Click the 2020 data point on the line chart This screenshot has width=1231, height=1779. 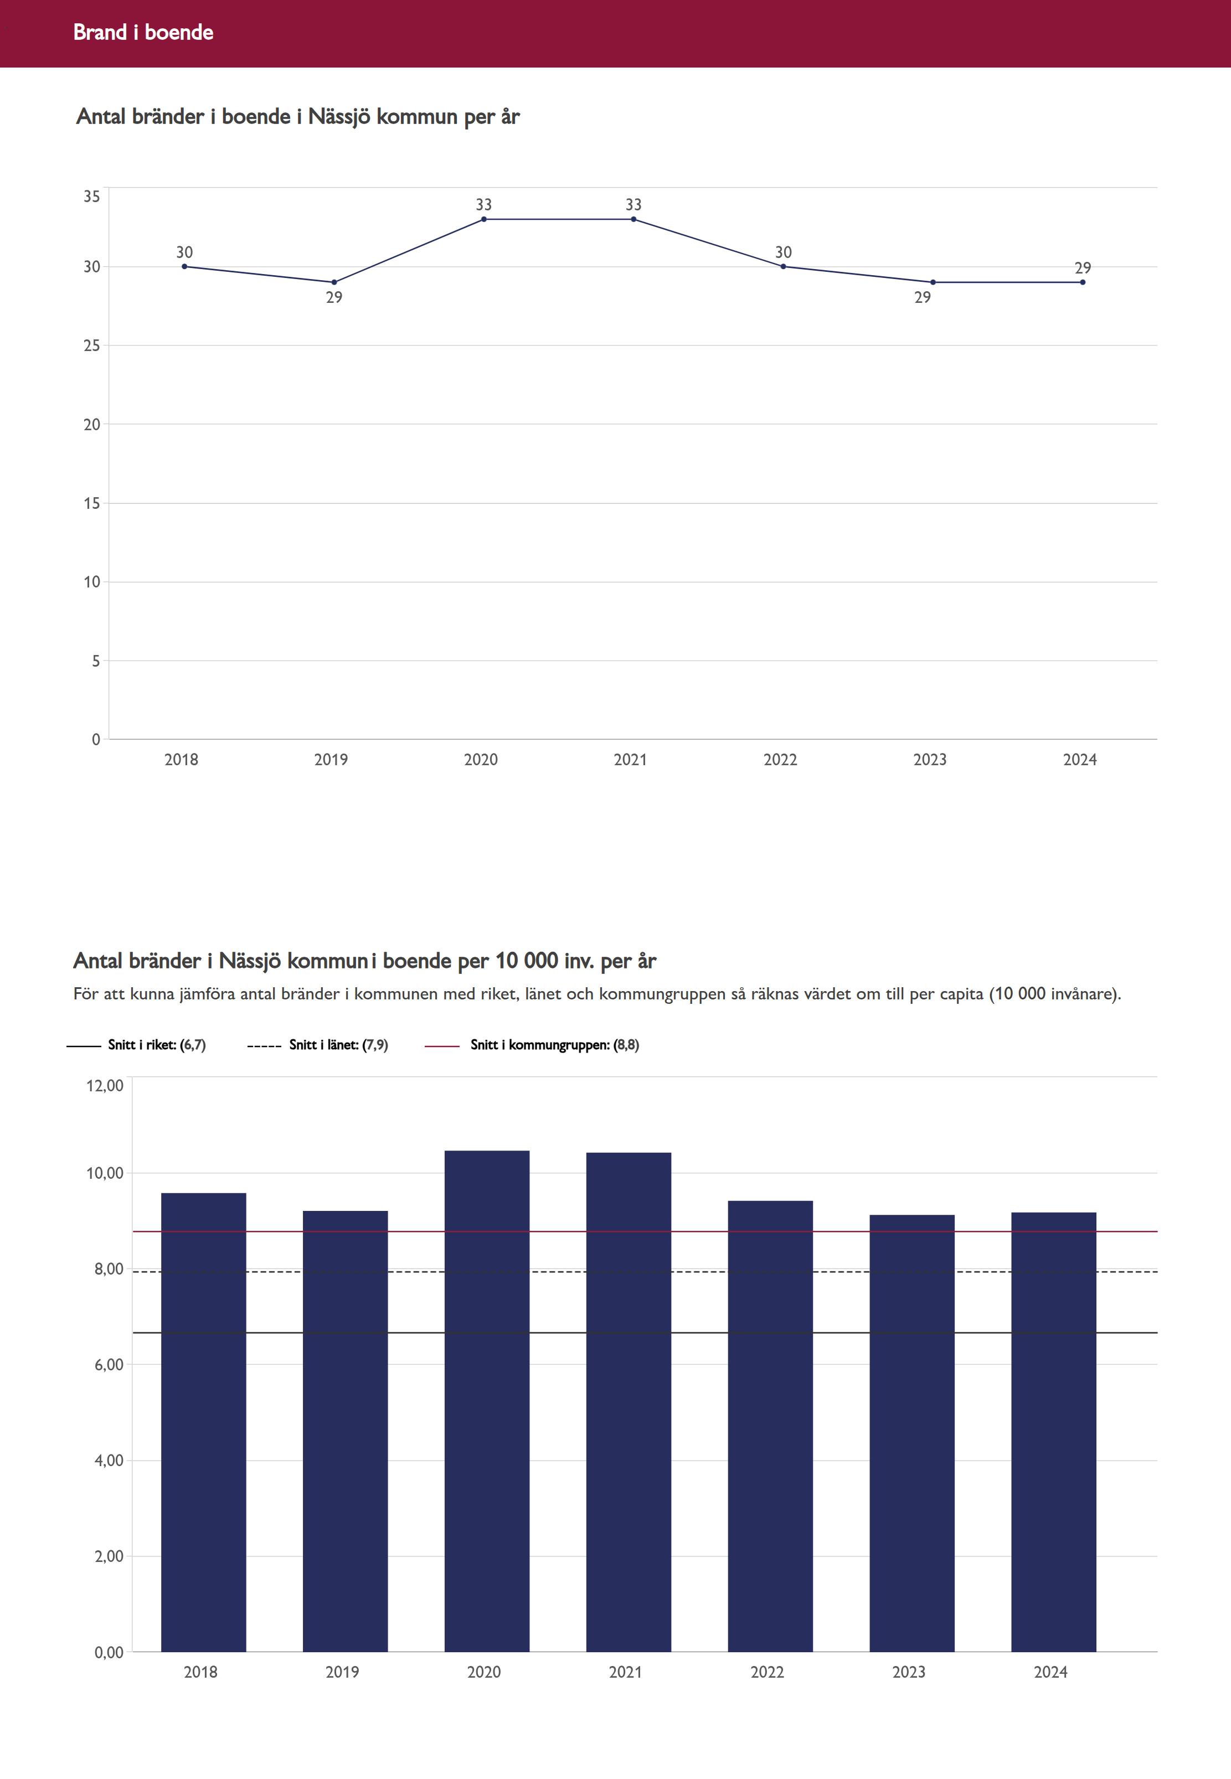tap(483, 219)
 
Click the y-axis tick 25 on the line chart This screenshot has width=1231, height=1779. tap(92, 346)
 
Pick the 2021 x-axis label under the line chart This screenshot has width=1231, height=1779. tap(630, 760)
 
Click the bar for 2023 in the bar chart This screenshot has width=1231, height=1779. tap(911, 1434)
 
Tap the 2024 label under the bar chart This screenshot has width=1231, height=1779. tap(1050, 1672)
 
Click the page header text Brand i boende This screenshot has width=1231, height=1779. tap(143, 32)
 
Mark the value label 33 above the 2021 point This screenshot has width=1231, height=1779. tap(633, 204)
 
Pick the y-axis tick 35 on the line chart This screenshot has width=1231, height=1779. tap(92, 197)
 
